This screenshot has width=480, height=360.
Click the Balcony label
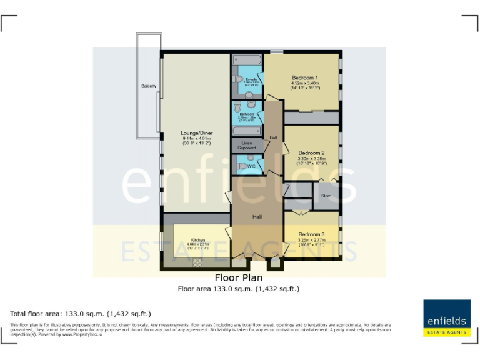coord(149,86)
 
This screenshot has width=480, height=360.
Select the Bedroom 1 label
coord(305,77)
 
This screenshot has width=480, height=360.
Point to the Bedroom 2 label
coord(311,153)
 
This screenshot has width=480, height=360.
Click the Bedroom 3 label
coord(311,234)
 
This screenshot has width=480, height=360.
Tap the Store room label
coord(326,196)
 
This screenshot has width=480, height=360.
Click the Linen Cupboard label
coord(247,145)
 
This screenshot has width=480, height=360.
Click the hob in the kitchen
coord(197,263)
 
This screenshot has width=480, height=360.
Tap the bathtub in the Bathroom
coord(247,131)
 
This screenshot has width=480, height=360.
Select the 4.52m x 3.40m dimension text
coord(305,83)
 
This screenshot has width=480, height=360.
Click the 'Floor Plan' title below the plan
coord(239,278)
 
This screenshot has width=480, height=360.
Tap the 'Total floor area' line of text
coord(81,314)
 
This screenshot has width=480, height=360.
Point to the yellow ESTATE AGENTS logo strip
coord(447,332)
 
